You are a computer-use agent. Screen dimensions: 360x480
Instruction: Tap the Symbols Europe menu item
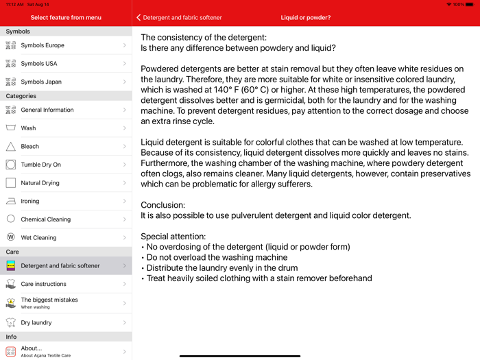click(43, 45)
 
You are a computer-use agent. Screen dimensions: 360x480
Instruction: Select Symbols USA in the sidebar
click(39, 64)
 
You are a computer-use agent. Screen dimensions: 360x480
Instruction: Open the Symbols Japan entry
click(41, 82)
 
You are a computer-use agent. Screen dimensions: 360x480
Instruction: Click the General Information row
click(47, 110)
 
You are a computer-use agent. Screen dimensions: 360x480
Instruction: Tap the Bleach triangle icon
click(11, 146)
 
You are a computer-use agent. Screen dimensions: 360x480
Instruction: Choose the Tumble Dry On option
click(40, 165)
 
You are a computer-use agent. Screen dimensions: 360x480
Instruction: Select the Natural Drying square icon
click(11, 183)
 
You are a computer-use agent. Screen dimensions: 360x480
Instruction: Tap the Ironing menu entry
click(30, 201)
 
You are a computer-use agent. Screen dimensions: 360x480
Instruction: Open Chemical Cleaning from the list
click(45, 219)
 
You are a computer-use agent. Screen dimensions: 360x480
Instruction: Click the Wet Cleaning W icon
click(11, 237)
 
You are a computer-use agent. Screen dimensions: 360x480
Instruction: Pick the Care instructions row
click(43, 284)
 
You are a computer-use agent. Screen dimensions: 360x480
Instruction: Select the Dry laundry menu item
click(36, 322)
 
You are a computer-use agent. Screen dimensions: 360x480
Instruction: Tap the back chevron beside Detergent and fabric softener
click(139, 18)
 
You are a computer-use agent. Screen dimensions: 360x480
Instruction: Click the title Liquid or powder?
click(306, 18)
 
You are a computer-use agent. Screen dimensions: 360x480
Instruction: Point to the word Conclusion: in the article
click(163, 205)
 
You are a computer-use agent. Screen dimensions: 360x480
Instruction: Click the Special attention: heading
click(173, 237)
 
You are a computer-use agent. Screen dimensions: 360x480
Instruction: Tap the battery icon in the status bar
click(470, 4)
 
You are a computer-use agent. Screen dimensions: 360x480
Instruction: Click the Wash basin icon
click(11, 128)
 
